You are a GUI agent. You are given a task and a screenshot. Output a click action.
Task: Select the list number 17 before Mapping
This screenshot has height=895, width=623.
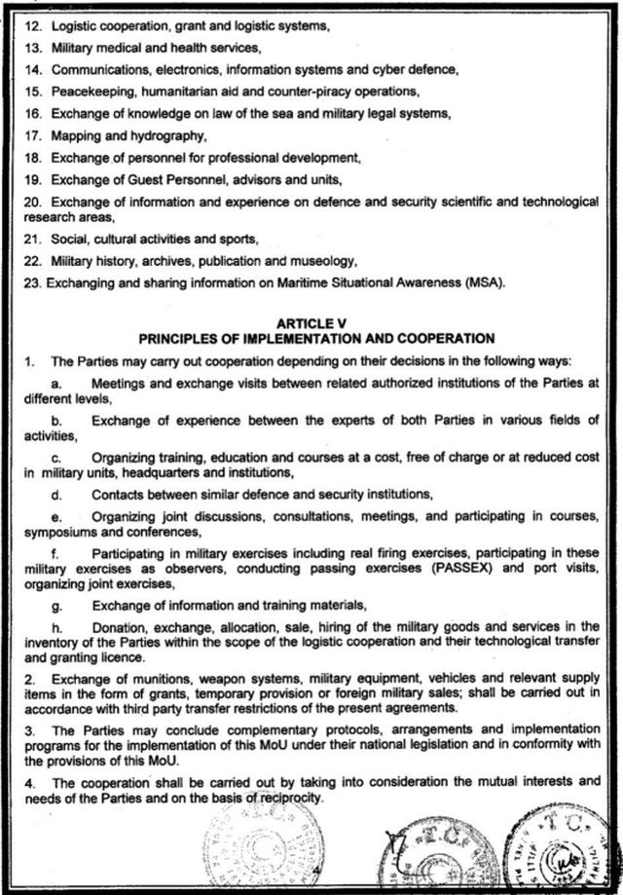point(33,135)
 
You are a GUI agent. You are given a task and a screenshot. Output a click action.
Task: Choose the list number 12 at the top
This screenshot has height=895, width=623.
point(33,26)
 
